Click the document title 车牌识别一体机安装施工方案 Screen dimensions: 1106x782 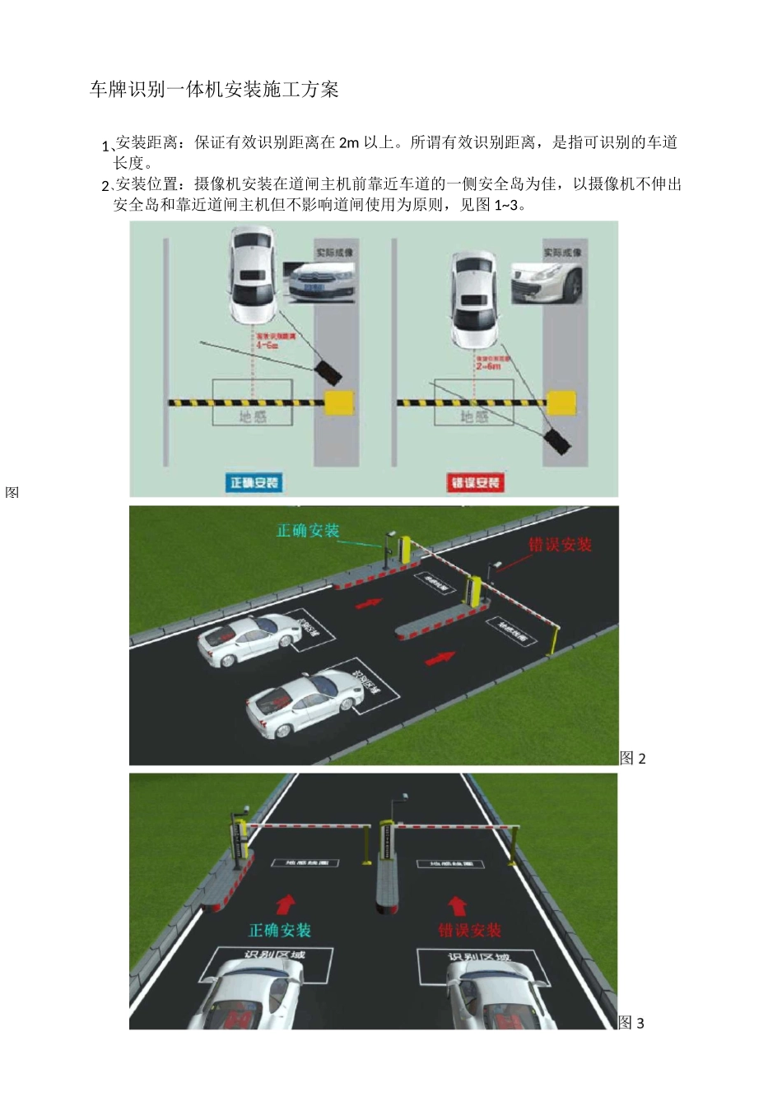(214, 90)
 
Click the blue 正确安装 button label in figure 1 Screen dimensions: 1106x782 (254, 482)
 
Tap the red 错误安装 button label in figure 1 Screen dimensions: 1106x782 (475, 482)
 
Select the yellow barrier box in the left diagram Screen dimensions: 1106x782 (339, 403)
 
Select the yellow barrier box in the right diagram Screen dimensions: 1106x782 (561, 403)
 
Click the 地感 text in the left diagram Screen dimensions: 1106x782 (253, 416)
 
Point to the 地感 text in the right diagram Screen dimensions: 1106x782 (473, 417)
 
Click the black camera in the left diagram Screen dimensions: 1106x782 (328, 371)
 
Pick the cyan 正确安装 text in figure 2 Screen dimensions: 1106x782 (308, 531)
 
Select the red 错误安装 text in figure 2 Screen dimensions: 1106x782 (560, 544)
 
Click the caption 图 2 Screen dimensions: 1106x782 (632, 758)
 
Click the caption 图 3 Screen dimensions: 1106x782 (631, 1023)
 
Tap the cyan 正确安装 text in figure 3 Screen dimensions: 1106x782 (280, 930)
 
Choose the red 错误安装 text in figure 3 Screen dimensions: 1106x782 (469, 930)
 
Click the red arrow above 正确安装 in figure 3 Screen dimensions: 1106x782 (286, 904)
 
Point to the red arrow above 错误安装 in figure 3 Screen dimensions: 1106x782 (458, 905)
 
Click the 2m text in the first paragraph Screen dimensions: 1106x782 (349, 142)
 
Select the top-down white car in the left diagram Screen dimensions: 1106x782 (252, 276)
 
